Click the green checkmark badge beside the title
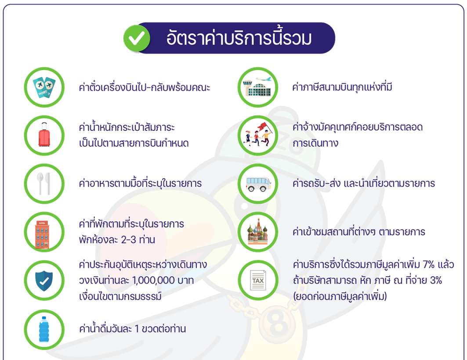[x=136, y=38]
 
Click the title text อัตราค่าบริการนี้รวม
[x=239, y=38]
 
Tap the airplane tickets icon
[x=44, y=87]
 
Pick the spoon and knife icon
[x=44, y=184]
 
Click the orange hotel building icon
[x=44, y=232]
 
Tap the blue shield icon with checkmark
[x=44, y=280]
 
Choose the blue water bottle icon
[x=44, y=329]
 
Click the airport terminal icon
[x=258, y=87]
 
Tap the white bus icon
[x=258, y=184]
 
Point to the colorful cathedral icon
[x=258, y=232]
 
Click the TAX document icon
[x=258, y=280]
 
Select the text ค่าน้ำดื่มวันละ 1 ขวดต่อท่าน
[x=132, y=329]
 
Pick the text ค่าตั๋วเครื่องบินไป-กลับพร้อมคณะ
[x=145, y=87]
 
